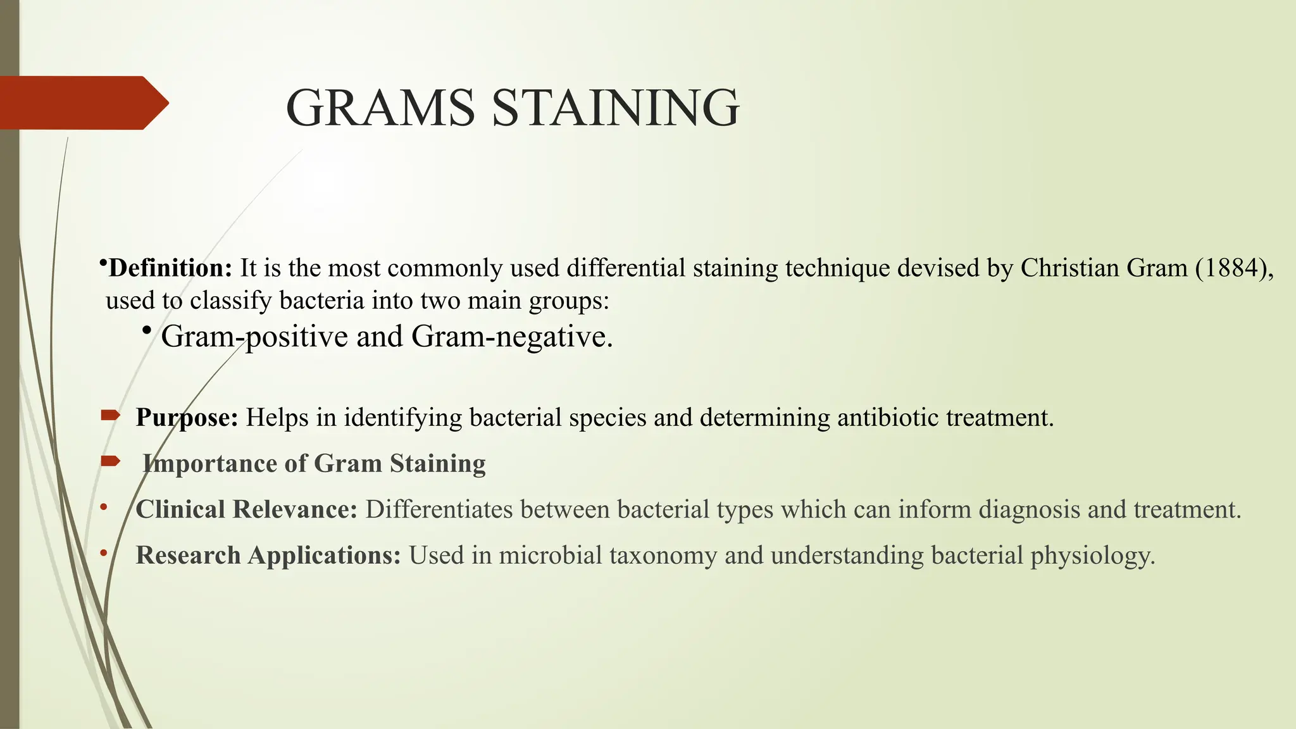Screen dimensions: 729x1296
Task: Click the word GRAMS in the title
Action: click(380, 108)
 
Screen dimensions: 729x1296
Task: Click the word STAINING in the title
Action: click(615, 108)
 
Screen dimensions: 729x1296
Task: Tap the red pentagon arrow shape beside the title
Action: click(82, 103)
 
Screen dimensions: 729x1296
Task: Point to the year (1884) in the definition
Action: click(1230, 268)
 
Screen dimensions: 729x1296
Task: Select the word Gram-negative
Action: click(511, 337)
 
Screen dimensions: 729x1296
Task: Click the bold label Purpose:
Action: click(187, 418)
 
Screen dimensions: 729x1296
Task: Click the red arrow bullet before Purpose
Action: click(110, 416)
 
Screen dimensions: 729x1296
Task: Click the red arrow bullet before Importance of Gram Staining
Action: click(110, 461)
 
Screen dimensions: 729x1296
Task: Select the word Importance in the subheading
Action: click(209, 464)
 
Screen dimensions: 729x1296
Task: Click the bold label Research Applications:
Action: click(268, 556)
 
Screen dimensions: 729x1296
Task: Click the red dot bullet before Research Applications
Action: click(104, 553)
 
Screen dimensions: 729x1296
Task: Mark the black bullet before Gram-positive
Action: click(147, 330)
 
